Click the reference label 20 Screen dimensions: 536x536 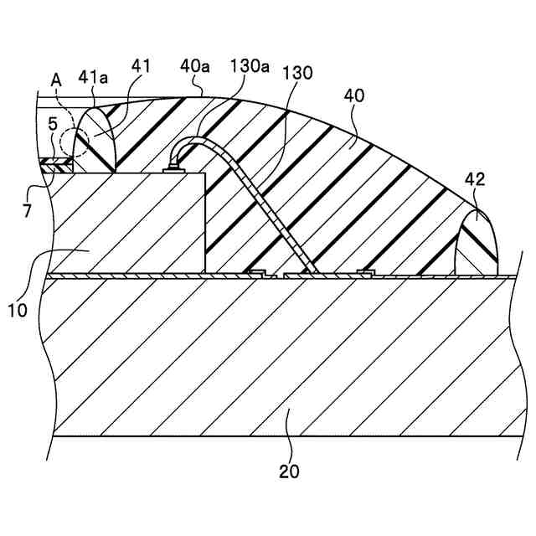288,471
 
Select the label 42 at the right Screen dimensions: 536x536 476,180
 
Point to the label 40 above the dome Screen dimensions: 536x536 353,97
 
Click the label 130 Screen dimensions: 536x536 297,73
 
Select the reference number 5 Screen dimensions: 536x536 52,123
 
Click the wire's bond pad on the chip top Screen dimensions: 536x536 174,169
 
